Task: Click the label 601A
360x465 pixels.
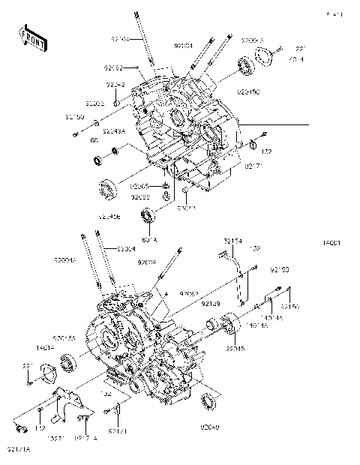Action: (148, 241)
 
